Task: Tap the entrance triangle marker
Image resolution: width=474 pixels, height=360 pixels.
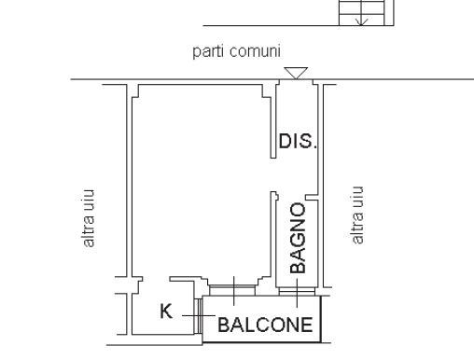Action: (x=296, y=72)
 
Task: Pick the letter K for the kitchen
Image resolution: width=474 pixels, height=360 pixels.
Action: (x=165, y=312)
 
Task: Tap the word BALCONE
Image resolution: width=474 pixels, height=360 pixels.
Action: (x=266, y=325)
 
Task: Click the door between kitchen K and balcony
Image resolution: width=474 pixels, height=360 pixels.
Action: (x=197, y=314)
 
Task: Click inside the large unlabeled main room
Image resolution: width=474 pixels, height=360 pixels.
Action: (x=201, y=187)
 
